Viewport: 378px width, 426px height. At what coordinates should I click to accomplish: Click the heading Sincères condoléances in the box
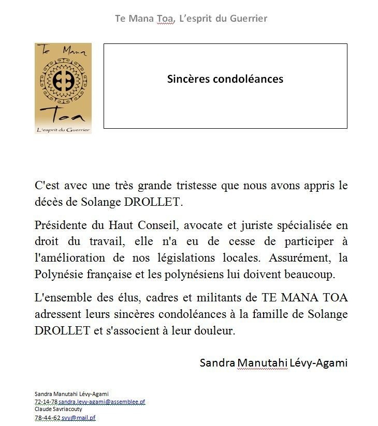(x=225, y=79)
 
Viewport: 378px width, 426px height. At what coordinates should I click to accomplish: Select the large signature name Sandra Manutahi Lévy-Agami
(x=273, y=362)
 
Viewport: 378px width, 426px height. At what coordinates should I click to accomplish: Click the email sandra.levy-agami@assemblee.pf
(x=101, y=402)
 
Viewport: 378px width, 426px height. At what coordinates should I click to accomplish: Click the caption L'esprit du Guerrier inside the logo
(x=63, y=129)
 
